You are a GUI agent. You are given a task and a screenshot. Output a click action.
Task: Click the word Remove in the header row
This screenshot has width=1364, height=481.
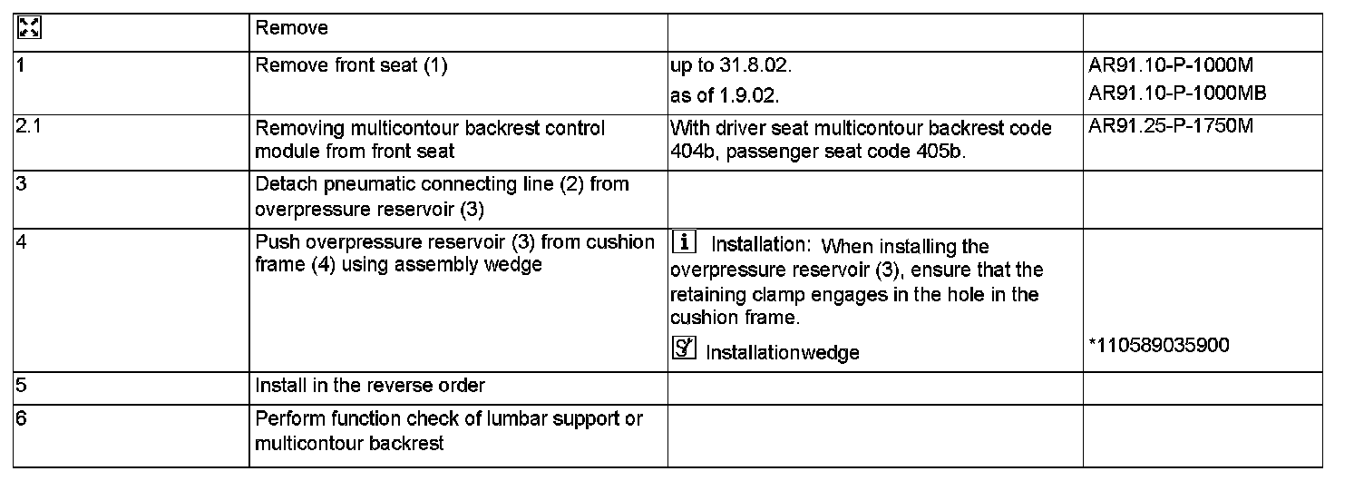292,28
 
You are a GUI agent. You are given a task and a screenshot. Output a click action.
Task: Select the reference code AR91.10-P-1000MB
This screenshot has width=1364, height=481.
1178,93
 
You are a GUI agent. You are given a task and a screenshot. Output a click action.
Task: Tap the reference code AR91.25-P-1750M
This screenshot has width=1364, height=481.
1171,126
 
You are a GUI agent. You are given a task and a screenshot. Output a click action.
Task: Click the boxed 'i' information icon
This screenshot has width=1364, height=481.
685,243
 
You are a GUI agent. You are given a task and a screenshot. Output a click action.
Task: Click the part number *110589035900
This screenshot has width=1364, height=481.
1158,347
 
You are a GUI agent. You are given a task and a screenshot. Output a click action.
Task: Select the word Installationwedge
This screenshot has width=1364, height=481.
783,352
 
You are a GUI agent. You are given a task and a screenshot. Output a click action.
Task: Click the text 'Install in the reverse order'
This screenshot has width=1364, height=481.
370,386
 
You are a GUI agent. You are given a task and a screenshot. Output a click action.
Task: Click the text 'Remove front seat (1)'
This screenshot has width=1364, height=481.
352,66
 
